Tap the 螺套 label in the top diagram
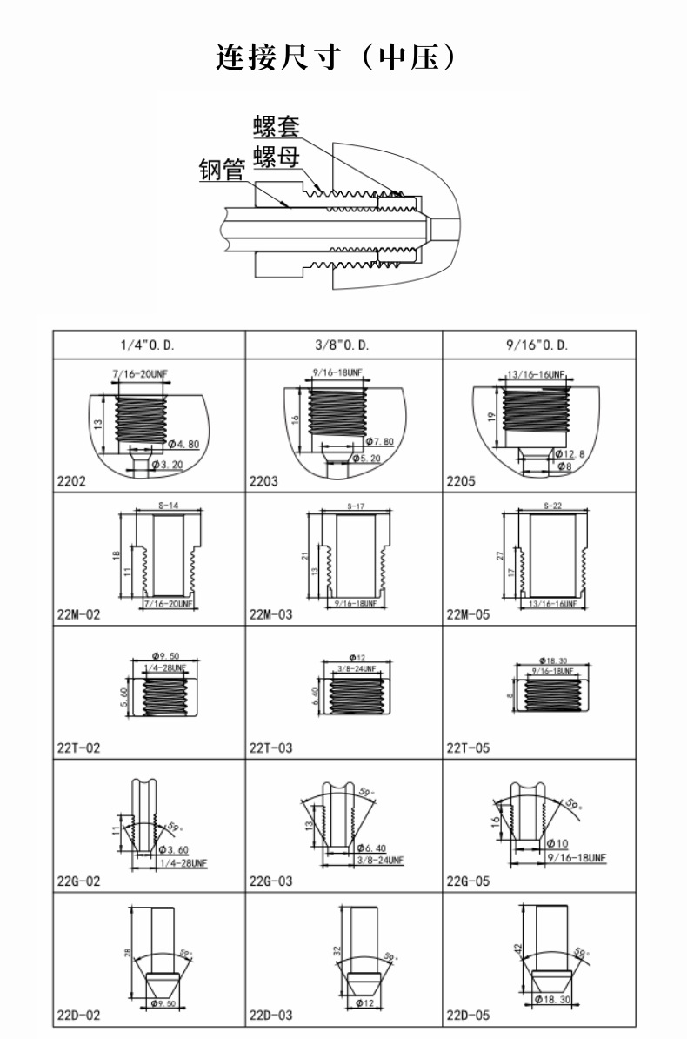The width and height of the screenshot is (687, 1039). (277, 126)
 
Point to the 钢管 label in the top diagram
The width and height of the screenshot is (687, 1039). (222, 170)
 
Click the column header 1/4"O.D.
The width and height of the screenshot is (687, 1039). (148, 345)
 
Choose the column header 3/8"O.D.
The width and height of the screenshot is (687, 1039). (343, 345)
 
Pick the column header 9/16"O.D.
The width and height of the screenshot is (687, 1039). (537, 345)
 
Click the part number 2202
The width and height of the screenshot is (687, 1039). (71, 480)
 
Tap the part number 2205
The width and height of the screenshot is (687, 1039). (461, 480)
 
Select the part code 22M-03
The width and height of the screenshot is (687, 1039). (271, 614)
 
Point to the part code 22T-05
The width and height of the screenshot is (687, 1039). (469, 747)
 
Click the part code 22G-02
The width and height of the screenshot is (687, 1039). (79, 881)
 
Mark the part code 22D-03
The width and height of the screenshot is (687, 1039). (271, 1016)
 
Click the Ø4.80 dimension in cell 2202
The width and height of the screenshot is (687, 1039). (182, 444)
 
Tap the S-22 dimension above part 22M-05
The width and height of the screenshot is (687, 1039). (551, 506)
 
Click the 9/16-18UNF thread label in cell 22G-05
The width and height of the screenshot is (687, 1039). (577, 857)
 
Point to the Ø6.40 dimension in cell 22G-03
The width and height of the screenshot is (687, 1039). (370, 848)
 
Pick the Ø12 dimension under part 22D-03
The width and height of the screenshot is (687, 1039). (364, 1003)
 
